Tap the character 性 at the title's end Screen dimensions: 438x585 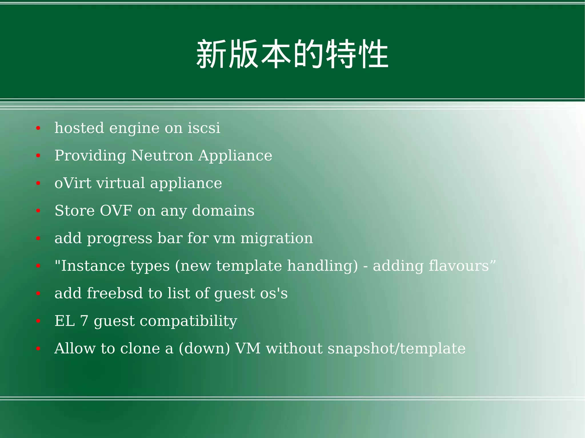(x=373, y=54)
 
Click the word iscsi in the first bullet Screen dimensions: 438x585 (x=204, y=128)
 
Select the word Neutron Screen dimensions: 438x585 (x=162, y=156)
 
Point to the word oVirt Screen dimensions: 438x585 (x=73, y=183)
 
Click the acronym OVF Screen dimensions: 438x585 (x=116, y=211)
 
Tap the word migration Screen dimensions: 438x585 (x=277, y=238)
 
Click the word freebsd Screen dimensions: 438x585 (x=115, y=293)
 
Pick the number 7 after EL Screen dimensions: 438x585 (x=84, y=321)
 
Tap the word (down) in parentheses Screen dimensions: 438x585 (x=204, y=349)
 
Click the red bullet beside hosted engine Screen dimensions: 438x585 (x=38, y=128)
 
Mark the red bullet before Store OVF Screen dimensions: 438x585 (x=38, y=211)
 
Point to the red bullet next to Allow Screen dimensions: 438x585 (x=38, y=349)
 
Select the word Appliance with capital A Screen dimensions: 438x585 (x=235, y=156)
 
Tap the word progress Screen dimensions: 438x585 (x=119, y=239)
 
